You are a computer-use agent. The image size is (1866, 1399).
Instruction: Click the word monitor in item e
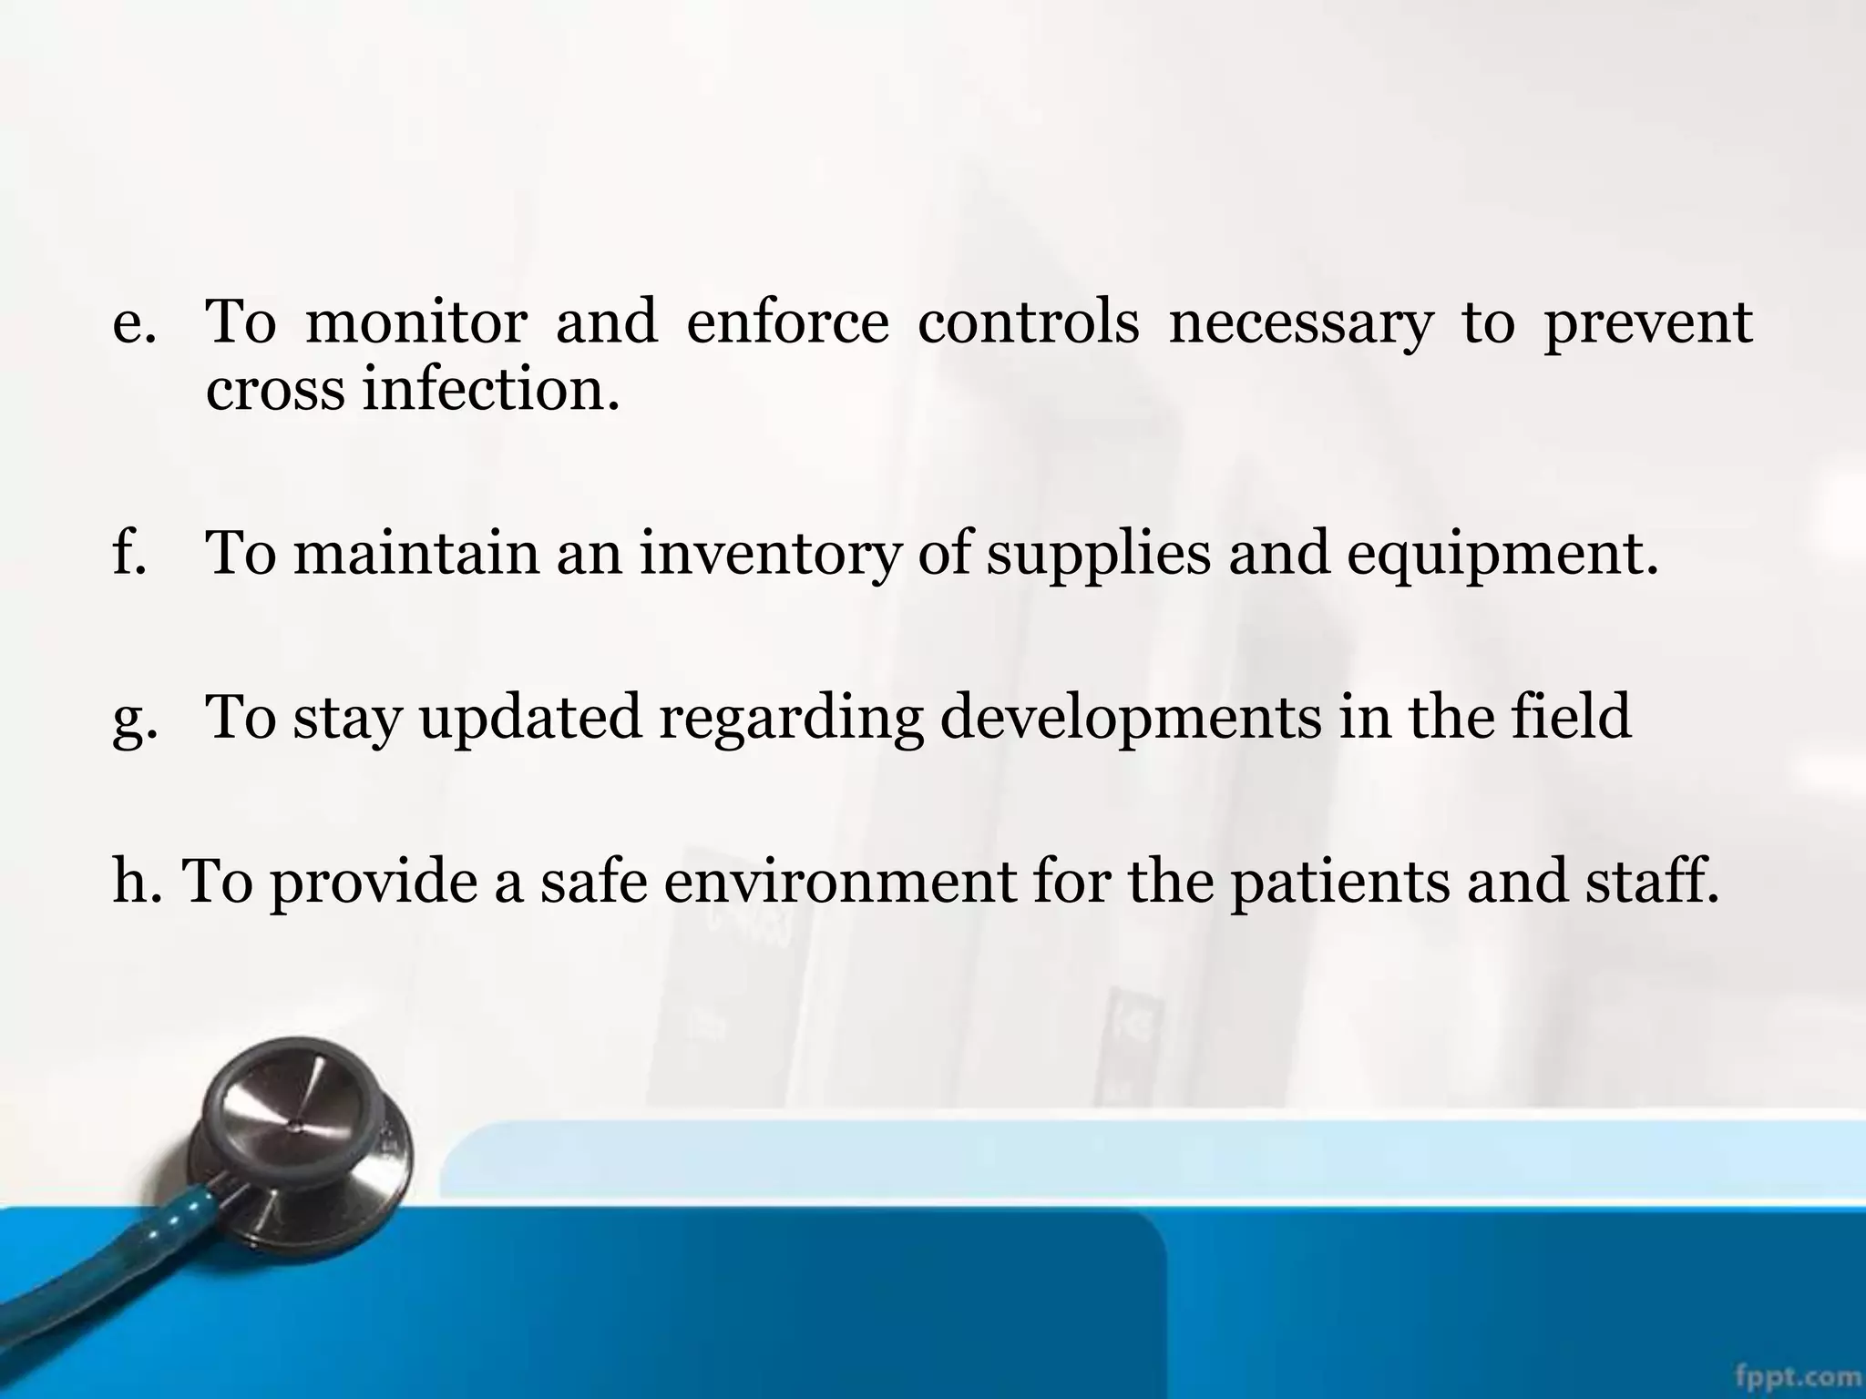pos(415,322)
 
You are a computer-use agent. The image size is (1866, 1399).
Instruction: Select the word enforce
pos(787,322)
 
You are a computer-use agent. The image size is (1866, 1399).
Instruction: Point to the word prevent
pos(1648,324)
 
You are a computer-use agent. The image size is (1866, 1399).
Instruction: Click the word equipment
pos(1502,557)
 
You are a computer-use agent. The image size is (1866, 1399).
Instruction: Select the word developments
pos(1131,719)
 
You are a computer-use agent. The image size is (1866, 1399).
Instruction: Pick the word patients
pos(1340,883)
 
